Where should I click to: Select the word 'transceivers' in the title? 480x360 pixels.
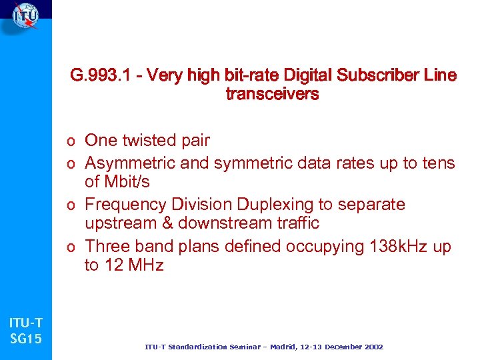point(272,95)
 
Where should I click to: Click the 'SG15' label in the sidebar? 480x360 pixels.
point(26,339)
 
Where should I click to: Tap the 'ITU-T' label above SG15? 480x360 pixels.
point(26,324)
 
